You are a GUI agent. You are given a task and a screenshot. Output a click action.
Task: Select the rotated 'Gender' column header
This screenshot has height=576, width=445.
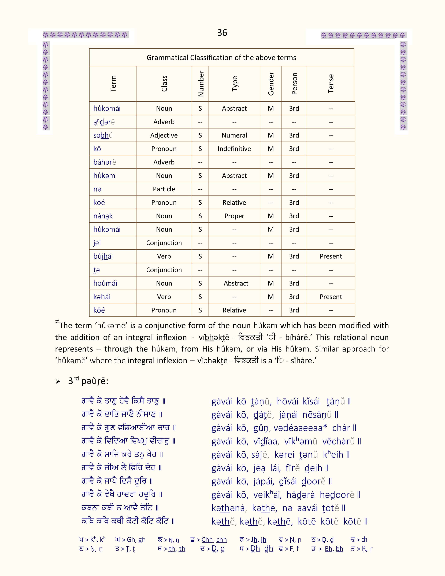point(271,84)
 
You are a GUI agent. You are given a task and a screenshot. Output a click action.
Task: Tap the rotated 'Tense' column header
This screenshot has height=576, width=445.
point(331,84)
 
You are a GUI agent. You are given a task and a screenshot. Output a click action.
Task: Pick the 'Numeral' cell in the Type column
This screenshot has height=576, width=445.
point(234,135)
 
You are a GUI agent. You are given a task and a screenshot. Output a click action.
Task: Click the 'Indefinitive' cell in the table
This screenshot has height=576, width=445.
point(234,149)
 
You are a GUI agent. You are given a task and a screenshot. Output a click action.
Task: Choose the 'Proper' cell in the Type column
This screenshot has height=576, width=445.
point(234,216)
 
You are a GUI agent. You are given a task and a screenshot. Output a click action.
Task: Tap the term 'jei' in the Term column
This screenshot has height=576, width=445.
point(97,243)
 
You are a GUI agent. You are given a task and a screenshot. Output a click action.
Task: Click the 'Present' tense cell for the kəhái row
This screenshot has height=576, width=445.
point(331,297)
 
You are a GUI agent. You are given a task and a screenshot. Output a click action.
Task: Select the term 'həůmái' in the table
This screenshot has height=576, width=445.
point(105,283)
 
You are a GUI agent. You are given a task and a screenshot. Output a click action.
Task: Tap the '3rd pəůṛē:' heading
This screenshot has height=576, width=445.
point(88,381)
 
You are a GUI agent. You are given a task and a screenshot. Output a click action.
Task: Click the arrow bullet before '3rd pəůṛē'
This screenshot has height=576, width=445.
point(58,382)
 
